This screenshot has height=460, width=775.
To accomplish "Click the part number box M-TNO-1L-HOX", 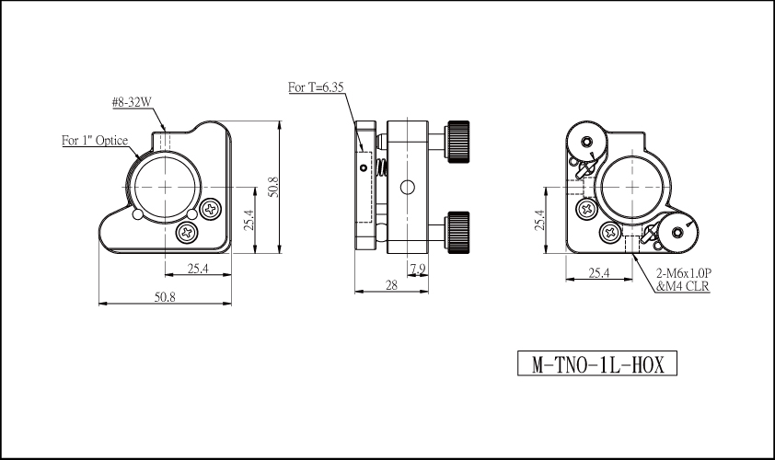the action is [x=597, y=363].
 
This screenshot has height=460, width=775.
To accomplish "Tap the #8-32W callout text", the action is [x=132, y=102].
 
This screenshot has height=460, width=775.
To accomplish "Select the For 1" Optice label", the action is [x=95, y=141].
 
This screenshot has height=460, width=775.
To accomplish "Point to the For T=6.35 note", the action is [x=316, y=87].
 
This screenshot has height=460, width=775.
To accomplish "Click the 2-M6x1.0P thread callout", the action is [x=684, y=272].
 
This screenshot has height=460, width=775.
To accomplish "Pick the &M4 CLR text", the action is [x=683, y=286].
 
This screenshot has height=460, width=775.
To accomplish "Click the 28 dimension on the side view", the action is [x=391, y=285].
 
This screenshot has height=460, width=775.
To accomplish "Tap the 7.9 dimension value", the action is [x=418, y=270].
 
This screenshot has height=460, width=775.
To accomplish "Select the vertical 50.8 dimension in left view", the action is [x=273, y=188].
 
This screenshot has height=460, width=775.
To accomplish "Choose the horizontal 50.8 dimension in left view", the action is [x=165, y=297].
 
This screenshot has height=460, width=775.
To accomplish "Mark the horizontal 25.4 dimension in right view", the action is [x=599, y=272].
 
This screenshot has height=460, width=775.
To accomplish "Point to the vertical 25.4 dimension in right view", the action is [x=538, y=221].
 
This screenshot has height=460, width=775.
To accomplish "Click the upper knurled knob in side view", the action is [x=457, y=142].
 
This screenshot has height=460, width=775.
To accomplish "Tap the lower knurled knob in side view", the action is [x=457, y=232].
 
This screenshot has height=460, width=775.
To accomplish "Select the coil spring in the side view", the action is [x=382, y=168].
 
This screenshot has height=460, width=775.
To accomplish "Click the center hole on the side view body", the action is [x=407, y=188].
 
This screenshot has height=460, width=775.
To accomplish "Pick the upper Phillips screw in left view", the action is [x=211, y=209].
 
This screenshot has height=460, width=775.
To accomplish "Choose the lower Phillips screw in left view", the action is [x=188, y=232].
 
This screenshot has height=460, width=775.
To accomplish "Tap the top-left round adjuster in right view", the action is [x=586, y=142].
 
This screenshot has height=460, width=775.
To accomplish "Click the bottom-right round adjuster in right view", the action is [x=677, y=232].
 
